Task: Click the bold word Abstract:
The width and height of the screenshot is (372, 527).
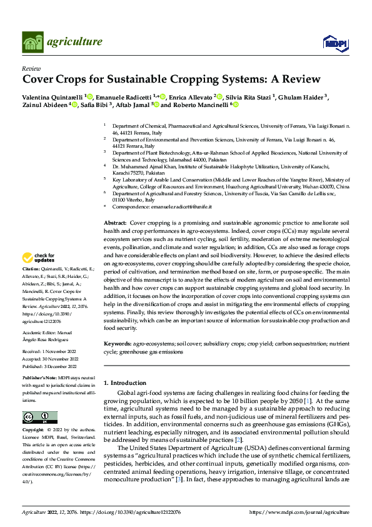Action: pos(114,223)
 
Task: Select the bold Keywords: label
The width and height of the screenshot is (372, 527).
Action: pos(118,344)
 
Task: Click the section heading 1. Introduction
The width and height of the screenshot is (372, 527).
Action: pos(124,382)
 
